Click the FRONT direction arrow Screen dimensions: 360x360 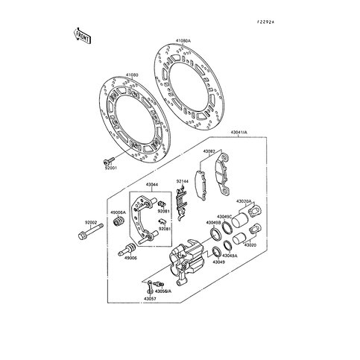click(81, 34)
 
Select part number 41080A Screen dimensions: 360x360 click(183, 42)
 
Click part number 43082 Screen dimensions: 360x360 click(209, 151)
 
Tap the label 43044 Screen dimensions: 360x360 click(151, 184)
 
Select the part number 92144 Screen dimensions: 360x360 click(183, 181)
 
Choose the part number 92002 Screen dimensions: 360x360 click(91, 223)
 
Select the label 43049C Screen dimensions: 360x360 click(224, 216)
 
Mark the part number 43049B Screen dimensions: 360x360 click(214, 222)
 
